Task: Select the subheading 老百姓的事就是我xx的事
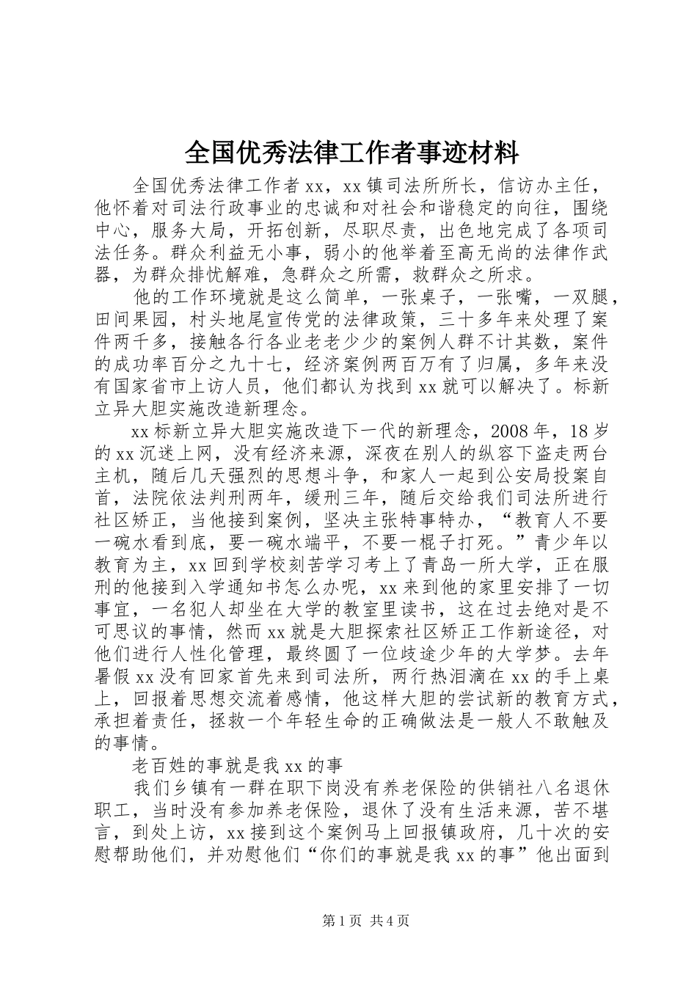(x=237, y=766)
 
